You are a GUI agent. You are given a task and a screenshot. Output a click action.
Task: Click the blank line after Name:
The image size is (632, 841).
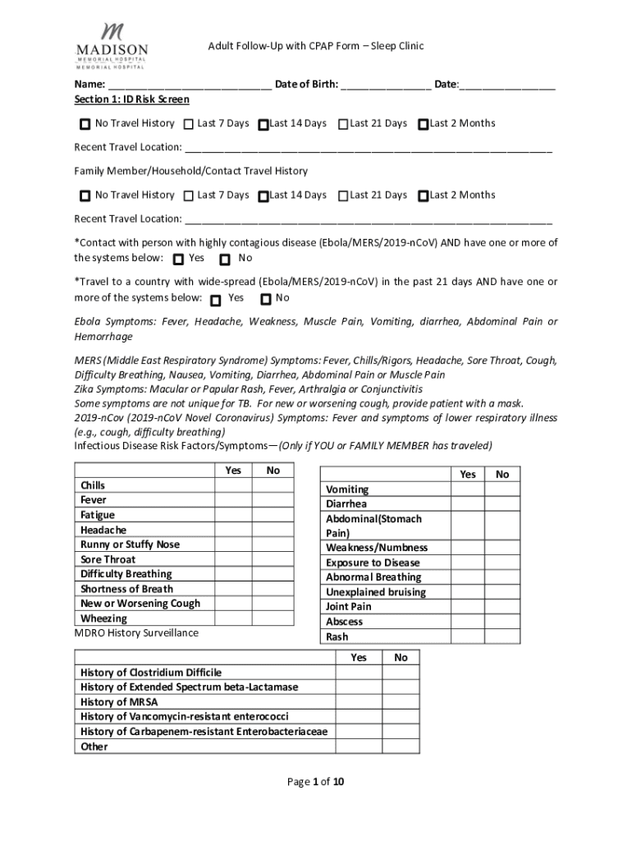189,85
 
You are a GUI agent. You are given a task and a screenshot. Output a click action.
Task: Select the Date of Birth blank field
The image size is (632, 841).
386,85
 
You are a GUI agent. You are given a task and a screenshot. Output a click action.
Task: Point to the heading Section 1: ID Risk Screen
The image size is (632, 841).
132,99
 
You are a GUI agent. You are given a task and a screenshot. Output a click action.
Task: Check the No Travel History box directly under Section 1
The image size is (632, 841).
85,125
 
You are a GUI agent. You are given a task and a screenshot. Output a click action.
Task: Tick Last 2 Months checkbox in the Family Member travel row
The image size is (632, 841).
423,196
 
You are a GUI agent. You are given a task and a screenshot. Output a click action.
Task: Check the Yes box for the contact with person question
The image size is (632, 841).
179,260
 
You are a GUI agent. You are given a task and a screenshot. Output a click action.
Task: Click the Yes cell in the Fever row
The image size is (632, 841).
233,500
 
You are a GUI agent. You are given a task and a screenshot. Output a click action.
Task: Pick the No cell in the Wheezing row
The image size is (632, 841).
273,618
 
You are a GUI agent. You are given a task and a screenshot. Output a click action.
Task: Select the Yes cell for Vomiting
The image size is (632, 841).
467,489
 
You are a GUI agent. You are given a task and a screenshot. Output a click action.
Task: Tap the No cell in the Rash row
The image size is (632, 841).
501,636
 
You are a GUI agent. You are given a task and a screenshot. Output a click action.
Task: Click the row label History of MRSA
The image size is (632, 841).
119,702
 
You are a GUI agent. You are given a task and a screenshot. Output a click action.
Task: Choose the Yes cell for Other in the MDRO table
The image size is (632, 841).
359,747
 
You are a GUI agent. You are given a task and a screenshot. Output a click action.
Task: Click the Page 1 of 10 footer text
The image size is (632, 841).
316,782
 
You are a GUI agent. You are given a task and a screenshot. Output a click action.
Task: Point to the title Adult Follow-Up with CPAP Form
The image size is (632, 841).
315,46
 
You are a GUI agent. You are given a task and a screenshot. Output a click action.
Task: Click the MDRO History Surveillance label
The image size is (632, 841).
136,633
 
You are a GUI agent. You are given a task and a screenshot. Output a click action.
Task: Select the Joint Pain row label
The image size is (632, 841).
349,607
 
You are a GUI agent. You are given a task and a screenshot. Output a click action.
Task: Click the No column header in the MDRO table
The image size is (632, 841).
401,658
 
